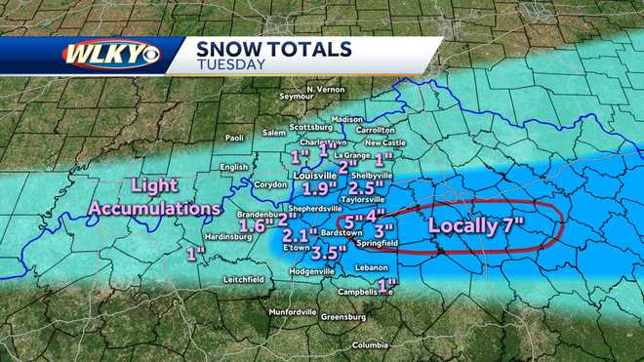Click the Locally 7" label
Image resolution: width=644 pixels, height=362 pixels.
tap(475, 227)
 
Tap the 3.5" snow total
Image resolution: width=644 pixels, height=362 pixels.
tap(329, 252)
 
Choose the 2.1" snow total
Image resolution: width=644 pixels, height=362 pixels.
tap(300, 235)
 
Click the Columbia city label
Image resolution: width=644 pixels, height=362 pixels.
tap(370, 345)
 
